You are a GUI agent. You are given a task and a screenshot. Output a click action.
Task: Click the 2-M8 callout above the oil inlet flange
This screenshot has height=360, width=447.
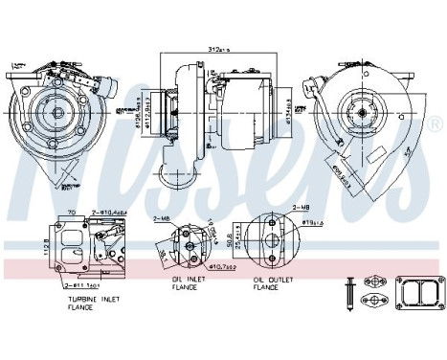[161, 220]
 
